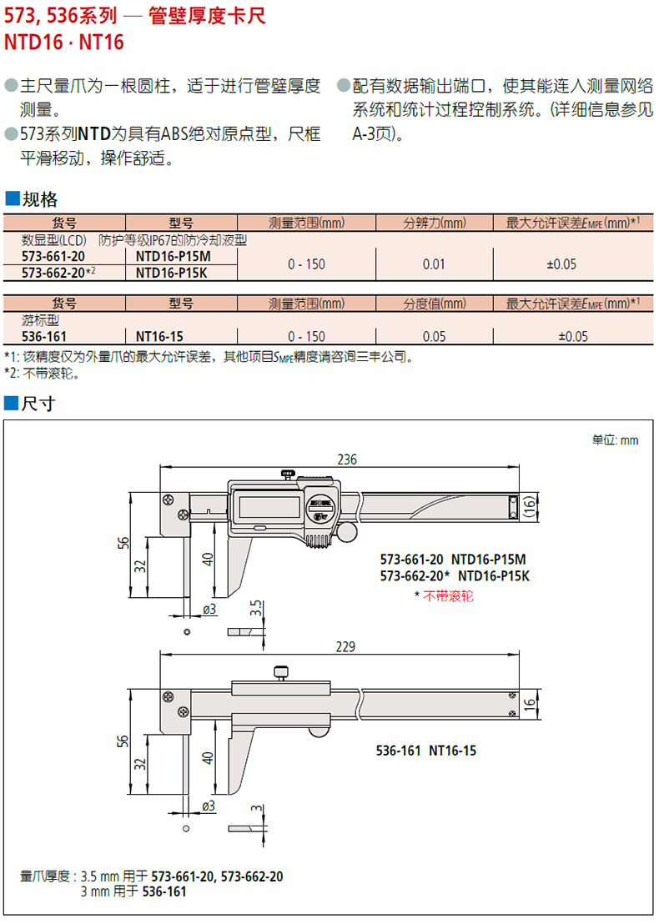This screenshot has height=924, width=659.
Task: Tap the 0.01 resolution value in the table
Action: coord(435,264)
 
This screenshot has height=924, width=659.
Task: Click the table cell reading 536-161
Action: coord(44,336)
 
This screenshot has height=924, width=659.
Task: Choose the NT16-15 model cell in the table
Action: coord(159,336)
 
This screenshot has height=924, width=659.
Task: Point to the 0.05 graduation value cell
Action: coord(435,336)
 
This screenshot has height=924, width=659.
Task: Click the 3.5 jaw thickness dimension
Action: coord(257,609)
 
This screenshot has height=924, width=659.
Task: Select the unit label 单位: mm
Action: coord(615,439)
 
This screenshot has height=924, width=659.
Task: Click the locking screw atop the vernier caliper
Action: coord(280,670)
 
